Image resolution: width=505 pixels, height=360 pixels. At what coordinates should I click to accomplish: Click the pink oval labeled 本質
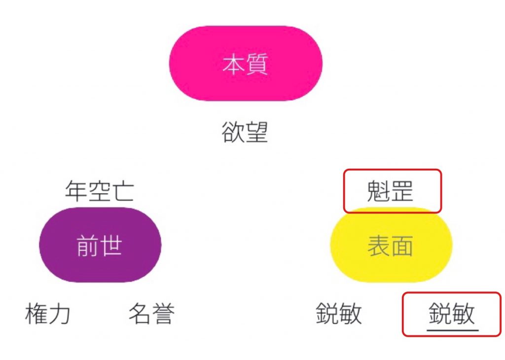pos(246,64)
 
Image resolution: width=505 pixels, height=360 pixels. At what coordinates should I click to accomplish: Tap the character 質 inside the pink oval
pos(257,64)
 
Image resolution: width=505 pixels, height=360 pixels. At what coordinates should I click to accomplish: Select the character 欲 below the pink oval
pos(233,132)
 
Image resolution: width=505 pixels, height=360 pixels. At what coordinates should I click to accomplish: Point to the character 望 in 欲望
pos(256,132)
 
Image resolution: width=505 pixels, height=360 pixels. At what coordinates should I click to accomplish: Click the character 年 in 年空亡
pos(76,191)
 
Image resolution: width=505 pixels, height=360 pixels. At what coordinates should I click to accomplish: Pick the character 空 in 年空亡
pos(100,191)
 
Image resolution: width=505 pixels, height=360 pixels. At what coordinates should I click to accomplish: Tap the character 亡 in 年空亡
pos(123,191)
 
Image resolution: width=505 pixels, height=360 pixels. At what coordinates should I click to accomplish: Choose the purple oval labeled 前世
pos(100,245)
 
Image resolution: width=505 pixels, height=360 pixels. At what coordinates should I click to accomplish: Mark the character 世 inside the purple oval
pos(111,246)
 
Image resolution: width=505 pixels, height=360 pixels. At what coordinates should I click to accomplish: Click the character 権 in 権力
pos(36,313)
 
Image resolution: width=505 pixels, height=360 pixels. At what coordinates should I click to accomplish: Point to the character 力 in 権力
pos(59,313)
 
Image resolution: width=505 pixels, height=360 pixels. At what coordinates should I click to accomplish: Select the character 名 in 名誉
pos(140,313)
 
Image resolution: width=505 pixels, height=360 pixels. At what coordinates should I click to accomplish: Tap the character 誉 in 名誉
pos(163,313)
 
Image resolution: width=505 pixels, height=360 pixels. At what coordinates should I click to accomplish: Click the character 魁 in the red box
pos(378,191)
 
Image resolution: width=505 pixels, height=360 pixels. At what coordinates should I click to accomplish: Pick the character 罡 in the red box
pos(402,191)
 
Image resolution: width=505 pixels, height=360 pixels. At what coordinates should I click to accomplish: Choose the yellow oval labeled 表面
pos(391,245)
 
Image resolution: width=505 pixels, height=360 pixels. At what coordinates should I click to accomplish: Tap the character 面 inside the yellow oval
pos(402,246)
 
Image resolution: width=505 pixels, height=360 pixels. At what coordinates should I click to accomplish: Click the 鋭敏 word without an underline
pos(338,313)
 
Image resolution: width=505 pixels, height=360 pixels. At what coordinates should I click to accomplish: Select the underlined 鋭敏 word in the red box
pos(452,313)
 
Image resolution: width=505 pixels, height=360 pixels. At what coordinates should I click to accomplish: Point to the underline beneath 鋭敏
pos(453,330)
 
